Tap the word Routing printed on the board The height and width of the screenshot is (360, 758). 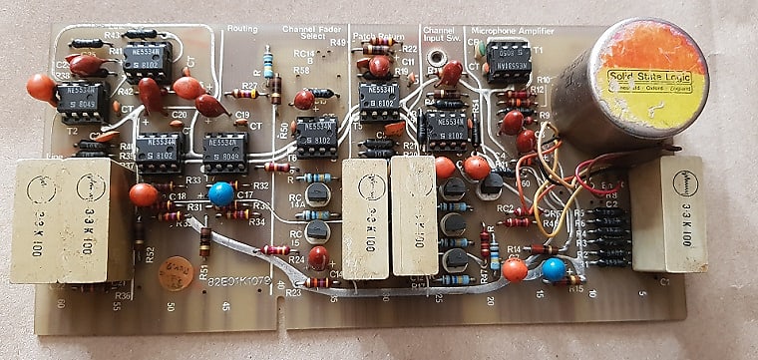point(243,31)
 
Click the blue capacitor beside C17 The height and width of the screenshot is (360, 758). point(221,193)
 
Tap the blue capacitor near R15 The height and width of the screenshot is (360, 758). point(554,268)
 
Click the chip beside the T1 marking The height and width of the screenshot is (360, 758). point(509,62)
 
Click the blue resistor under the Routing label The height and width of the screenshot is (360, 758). point(266,67)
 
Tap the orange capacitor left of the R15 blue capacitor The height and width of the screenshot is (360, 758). point(515,268)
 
